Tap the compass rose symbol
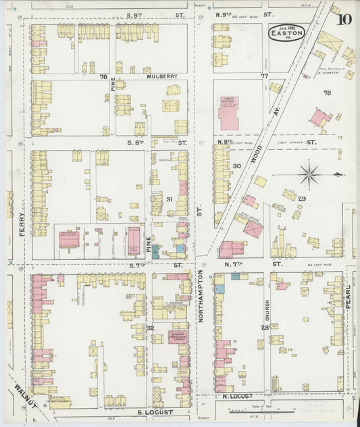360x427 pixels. [x=309, y=175]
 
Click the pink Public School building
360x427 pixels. [x=228, y=112]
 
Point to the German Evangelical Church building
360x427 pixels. [x=179, y=336]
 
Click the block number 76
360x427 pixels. [x=103, y=77]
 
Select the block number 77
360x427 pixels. [x=264, y=77]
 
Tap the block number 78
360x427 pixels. [x=327, y=93]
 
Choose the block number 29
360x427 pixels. [x=302, y=198]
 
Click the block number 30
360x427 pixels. [x=236, y=166]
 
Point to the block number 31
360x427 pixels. [x=170, y=199]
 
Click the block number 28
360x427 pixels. [x=265, y=327]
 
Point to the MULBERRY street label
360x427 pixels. [x=162, y=77]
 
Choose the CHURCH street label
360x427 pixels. [x=267, y=289]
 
